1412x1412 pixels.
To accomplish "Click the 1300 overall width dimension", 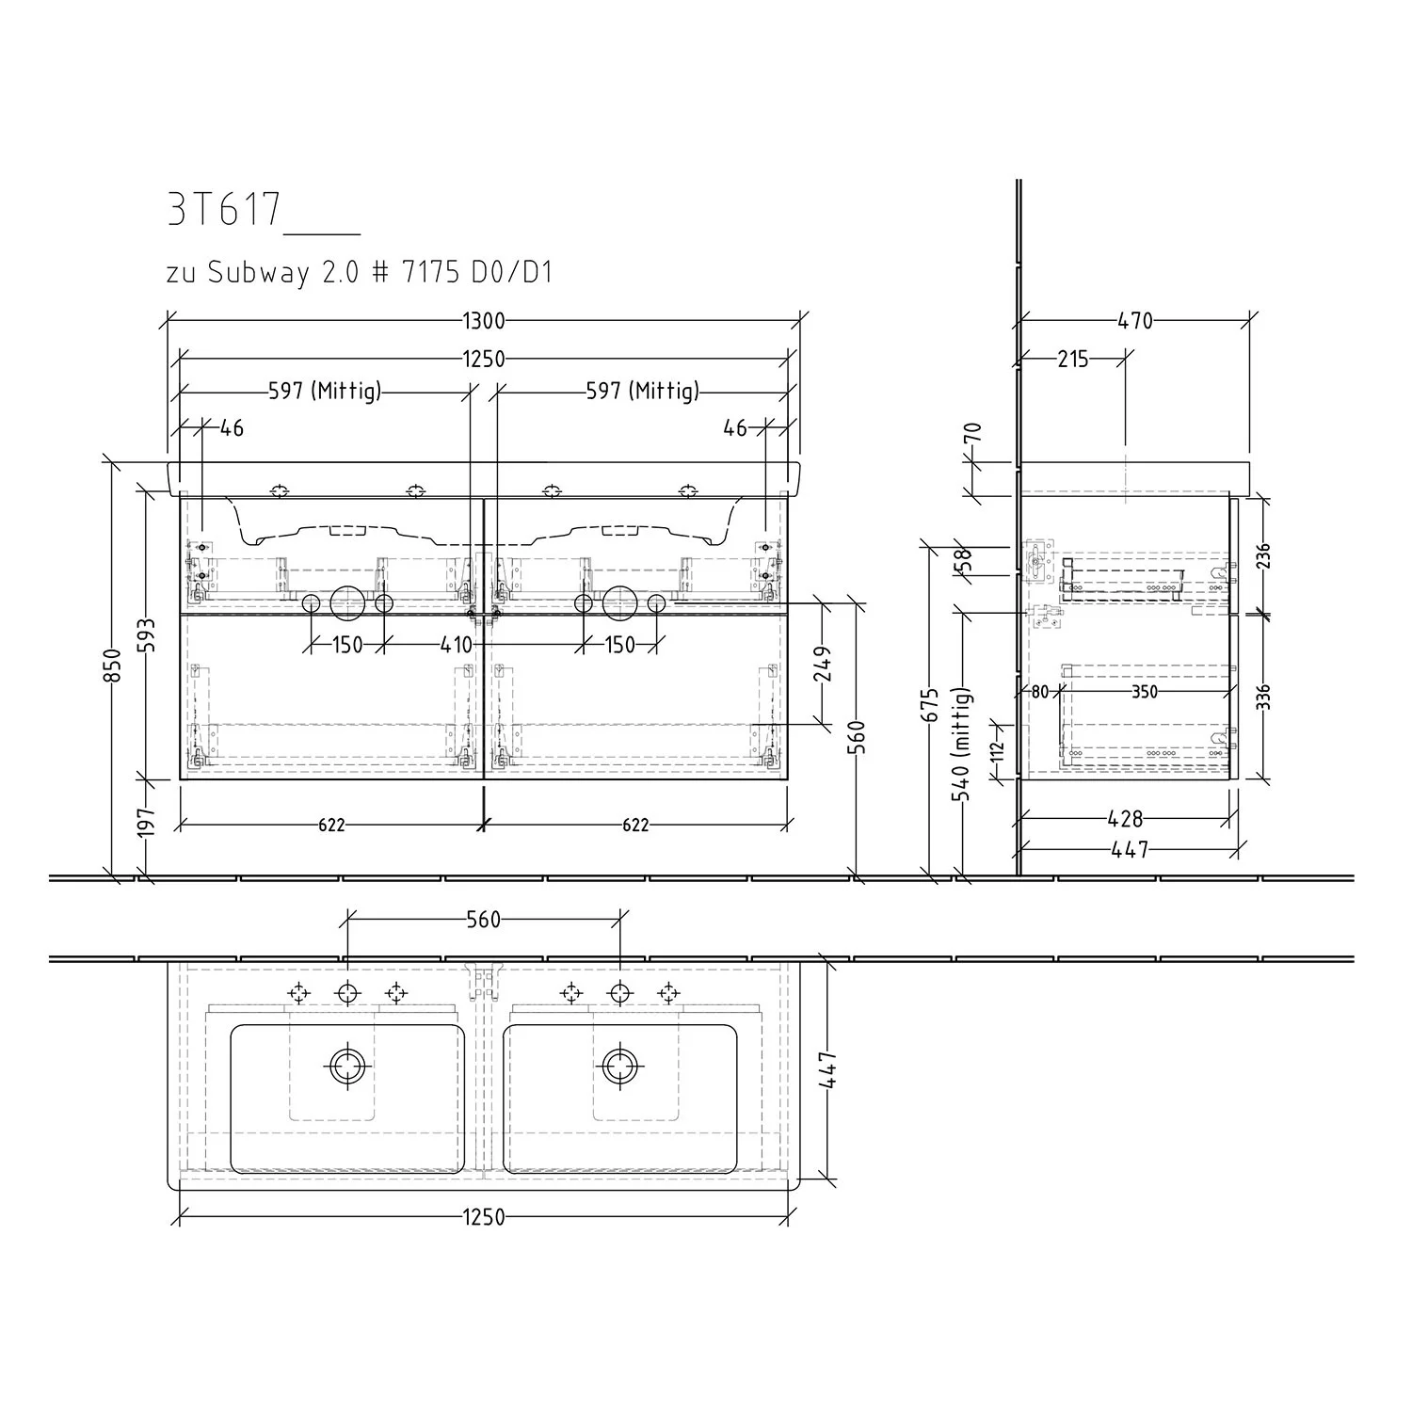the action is click(484, 321).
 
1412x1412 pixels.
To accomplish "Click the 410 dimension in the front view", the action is click(456, 646).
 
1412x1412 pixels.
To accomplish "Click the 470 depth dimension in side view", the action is click(1135, 321).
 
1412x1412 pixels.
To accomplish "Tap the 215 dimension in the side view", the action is click(1072, 359).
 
